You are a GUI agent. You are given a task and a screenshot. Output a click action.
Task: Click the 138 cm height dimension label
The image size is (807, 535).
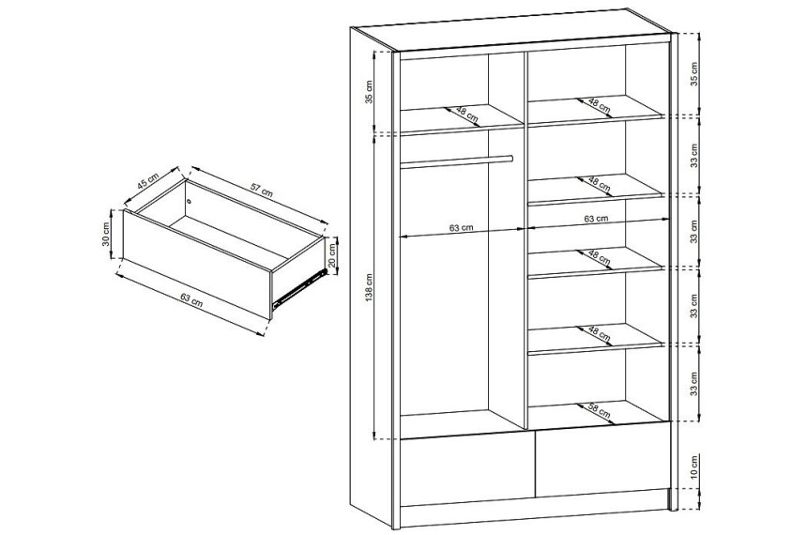click(370, 295)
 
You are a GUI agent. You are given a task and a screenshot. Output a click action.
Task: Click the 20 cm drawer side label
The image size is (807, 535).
click(332, 256)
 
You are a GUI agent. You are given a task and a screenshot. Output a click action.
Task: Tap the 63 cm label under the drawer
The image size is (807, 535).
click(191, 299)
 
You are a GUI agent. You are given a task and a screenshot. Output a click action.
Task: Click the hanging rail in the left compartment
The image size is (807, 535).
click(456, 161)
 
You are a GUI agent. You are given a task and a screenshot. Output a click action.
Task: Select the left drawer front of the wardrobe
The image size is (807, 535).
click(467, 471)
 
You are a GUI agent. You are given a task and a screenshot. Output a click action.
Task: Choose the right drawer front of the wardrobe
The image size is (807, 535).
click(603, 459)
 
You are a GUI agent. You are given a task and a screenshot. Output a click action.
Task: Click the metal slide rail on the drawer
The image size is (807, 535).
click(299, 288)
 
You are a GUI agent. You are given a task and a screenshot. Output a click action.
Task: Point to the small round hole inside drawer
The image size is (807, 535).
click(190, 201)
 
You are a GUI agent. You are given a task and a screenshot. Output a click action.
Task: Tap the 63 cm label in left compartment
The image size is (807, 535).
click(461, 227)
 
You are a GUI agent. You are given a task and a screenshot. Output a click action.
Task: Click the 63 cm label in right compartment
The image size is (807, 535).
click(596, 219)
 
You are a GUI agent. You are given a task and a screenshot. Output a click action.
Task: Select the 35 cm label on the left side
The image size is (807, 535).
click(369, 92)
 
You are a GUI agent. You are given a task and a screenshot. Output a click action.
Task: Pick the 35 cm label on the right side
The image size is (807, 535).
click(694, 74)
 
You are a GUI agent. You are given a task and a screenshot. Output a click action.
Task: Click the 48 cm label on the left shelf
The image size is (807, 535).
click(467, 115)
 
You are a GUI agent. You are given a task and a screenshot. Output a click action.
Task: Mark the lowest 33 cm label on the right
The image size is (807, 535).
click(694, 384)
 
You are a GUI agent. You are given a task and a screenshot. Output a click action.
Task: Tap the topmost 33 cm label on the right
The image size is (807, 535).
click(694, 156)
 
